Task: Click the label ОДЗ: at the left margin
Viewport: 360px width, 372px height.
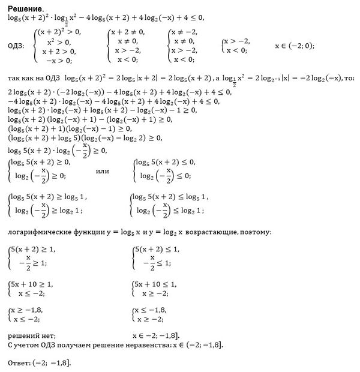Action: (16, 46)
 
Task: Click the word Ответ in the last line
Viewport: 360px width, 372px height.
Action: (20, 364)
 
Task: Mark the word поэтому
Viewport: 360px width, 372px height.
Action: (256, 231)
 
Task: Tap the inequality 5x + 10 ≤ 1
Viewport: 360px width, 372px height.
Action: (155, 284)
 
